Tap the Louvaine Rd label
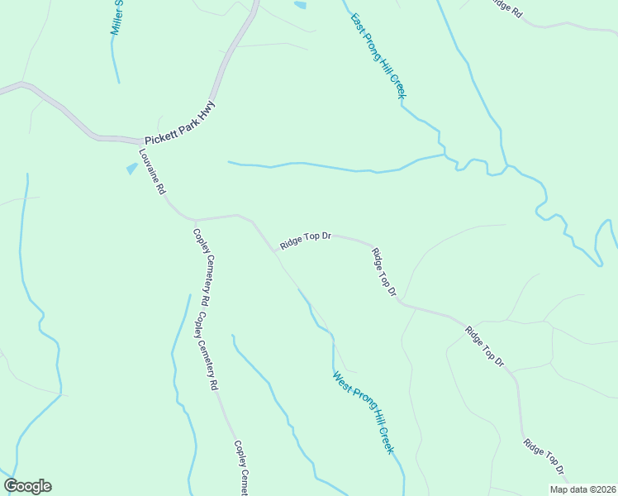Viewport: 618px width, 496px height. coord(151,172)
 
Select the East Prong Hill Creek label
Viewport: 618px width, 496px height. coord(378,57)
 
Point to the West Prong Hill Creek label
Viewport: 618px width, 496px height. coord(364,413)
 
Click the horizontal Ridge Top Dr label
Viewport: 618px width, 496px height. coord(305,241)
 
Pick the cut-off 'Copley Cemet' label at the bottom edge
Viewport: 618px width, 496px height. coord(241,467)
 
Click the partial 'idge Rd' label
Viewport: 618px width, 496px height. coord(506,8)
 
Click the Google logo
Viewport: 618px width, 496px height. coord(27,486)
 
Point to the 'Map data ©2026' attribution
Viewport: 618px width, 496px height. coord(582,489)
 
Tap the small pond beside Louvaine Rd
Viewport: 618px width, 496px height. coord(131,169)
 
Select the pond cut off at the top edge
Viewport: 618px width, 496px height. coord(300,5)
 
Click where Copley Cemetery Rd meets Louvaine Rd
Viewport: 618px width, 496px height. coord(193,220)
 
